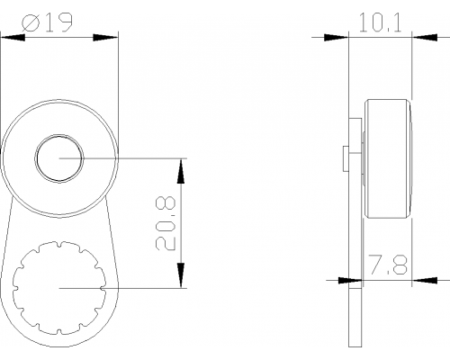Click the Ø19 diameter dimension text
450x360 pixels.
click(47, 22)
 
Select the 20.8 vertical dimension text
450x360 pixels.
click(166, 223)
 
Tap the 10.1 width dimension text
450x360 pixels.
click(380, 22)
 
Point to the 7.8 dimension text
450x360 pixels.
click(388, 265)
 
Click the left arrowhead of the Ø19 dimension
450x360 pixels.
click(13, 38)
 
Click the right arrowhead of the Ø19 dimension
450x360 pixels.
click(105, 38)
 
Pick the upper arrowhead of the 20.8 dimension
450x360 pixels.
click(181, 171)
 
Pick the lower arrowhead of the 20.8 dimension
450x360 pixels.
click(181, 275)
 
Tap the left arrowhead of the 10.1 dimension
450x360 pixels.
click(336, 38)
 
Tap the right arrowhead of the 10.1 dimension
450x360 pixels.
click(425, 38)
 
